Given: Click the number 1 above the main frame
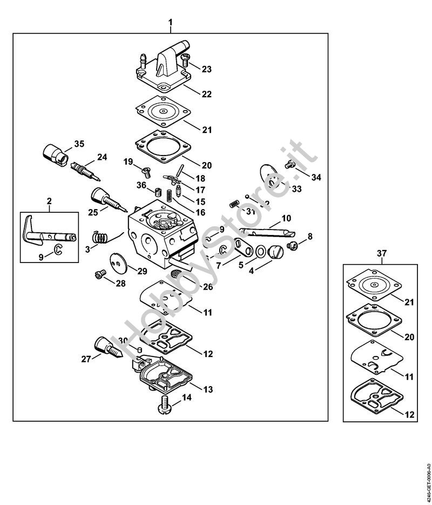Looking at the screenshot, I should (171, 22).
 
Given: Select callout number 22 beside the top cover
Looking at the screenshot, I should (206, 93).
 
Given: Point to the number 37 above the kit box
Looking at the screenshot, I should (381, 253).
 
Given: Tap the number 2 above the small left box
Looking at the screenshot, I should (49, 201).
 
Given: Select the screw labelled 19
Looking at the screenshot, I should (145, 172).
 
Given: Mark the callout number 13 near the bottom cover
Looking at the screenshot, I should (207, 389).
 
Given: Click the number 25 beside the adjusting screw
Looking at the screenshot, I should (93, 212).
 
